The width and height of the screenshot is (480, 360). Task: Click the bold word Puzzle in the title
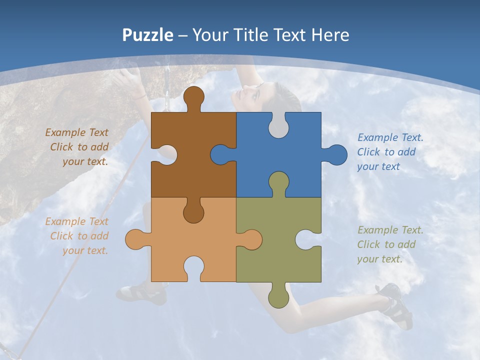pyautogui.click(x=148, y=35)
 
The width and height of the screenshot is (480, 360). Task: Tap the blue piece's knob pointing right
pyautogui.click(x=336, y=154)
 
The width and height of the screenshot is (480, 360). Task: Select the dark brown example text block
pyautogui.click(x=77, y=147)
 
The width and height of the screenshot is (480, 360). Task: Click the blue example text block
pyautogui.click(x=389, y=152)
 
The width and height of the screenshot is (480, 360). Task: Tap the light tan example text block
pyautogui.click(x=77, y=236)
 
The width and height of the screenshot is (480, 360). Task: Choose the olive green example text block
pyautogui.click(x=389, y=244)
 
